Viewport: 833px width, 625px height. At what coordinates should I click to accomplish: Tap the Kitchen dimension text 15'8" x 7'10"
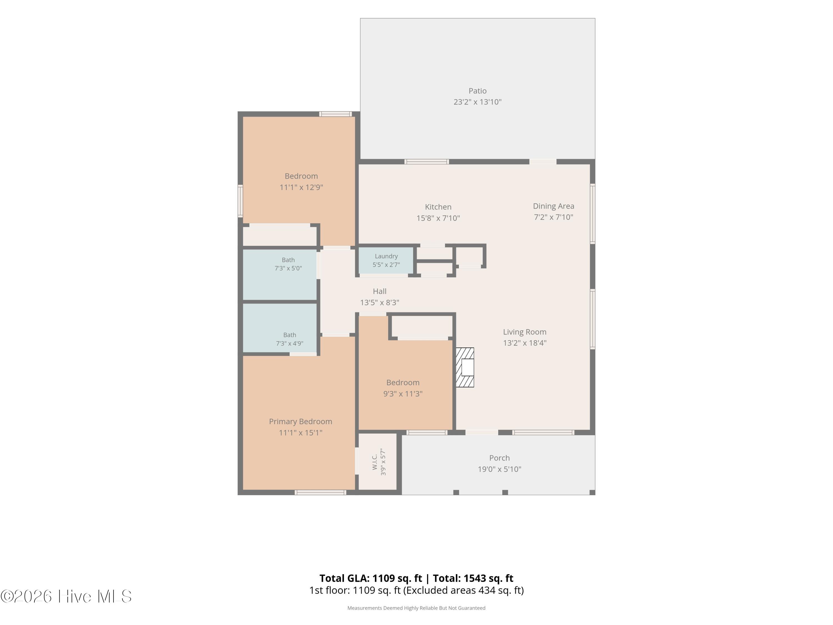click(438, 218)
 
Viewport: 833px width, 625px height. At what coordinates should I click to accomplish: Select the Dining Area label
click(553, 206)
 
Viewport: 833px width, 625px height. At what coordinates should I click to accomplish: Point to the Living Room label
click(525, 332)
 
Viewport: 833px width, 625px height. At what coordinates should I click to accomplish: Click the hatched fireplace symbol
click(465, 367)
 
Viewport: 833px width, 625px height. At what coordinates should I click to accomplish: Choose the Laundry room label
click(386, 256)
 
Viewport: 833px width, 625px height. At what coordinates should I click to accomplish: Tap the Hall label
click(380, 291)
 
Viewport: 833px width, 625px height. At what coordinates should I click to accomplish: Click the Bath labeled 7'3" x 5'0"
click(288, 264)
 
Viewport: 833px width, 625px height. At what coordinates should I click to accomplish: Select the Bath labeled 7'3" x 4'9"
click(290, 339)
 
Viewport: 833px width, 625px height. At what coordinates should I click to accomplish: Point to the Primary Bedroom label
click(300, 422)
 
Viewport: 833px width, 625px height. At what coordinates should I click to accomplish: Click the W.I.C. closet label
click(375, 462)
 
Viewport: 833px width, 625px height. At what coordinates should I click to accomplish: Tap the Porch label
click(499, 458)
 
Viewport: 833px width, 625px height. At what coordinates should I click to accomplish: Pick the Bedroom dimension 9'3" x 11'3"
click(403, 394)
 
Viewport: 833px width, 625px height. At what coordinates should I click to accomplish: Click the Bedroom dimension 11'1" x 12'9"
click(301, 187)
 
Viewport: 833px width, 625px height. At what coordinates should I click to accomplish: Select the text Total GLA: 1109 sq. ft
click(371, 578)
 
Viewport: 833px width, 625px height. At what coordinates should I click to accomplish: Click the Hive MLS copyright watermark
click(66, 596)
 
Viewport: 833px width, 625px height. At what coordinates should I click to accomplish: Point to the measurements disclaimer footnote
click(416, 608)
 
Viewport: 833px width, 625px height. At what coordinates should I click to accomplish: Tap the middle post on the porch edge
click(505, 492)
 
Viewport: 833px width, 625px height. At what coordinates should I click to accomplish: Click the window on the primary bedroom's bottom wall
click(320, 492)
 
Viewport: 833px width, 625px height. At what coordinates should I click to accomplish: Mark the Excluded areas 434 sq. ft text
click(463, 590)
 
